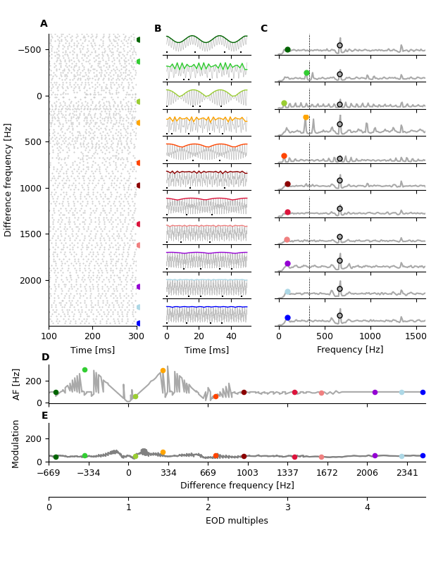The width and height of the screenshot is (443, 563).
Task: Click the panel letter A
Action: (x=44, y=24)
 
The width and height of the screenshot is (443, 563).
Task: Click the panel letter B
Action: (x=158, y=29)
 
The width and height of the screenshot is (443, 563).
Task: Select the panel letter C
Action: (x=263, y=29)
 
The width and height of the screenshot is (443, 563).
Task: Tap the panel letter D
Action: (x=45, y=358)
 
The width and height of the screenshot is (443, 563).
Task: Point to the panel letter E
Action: (x=45, y=416)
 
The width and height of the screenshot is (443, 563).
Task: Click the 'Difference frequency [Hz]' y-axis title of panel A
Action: (x=9, y=179)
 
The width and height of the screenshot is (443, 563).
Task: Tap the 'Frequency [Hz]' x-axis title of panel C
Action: (x=350, y=350)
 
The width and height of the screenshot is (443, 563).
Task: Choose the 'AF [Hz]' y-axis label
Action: (x=17, y=384)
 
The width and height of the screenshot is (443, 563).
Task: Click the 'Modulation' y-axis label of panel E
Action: (x=17, y=443)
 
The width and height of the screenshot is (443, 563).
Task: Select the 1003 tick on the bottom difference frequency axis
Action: (x=247, y=473)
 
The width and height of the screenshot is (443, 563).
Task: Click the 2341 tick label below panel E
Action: (x=407, y=473)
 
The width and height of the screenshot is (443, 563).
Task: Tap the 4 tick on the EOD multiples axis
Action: (x=367, y=507)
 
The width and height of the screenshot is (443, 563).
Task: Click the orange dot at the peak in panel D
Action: (x=163, y=370)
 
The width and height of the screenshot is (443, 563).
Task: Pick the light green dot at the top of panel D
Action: (x=85, y=369)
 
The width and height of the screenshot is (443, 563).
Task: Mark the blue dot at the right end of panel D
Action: (x=423, y=392)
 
